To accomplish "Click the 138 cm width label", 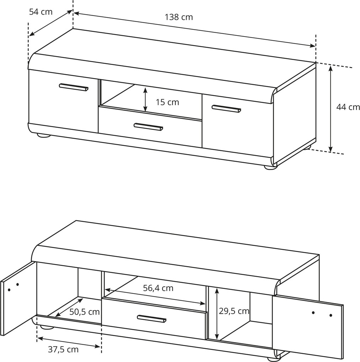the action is click(178, 17).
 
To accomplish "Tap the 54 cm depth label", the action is click(41, 12).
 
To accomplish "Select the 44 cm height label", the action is click(348, 107).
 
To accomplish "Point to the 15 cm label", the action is click(167, 102).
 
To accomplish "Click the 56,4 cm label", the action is click(158, 288).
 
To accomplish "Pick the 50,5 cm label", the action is click(84, 312).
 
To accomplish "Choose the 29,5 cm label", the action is click(234, 311).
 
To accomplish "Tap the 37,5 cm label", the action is click(63, 350).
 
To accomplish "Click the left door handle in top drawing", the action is click(74, 87).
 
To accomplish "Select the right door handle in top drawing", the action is click(226, 109).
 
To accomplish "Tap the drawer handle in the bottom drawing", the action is click(152, 318).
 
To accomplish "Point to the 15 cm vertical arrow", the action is click(145, 99).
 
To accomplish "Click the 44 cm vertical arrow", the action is click(331, 109).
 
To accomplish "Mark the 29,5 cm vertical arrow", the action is click(217, 313).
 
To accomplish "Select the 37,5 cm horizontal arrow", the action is click(69, 342).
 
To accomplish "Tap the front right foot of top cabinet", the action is click(270, 167).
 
